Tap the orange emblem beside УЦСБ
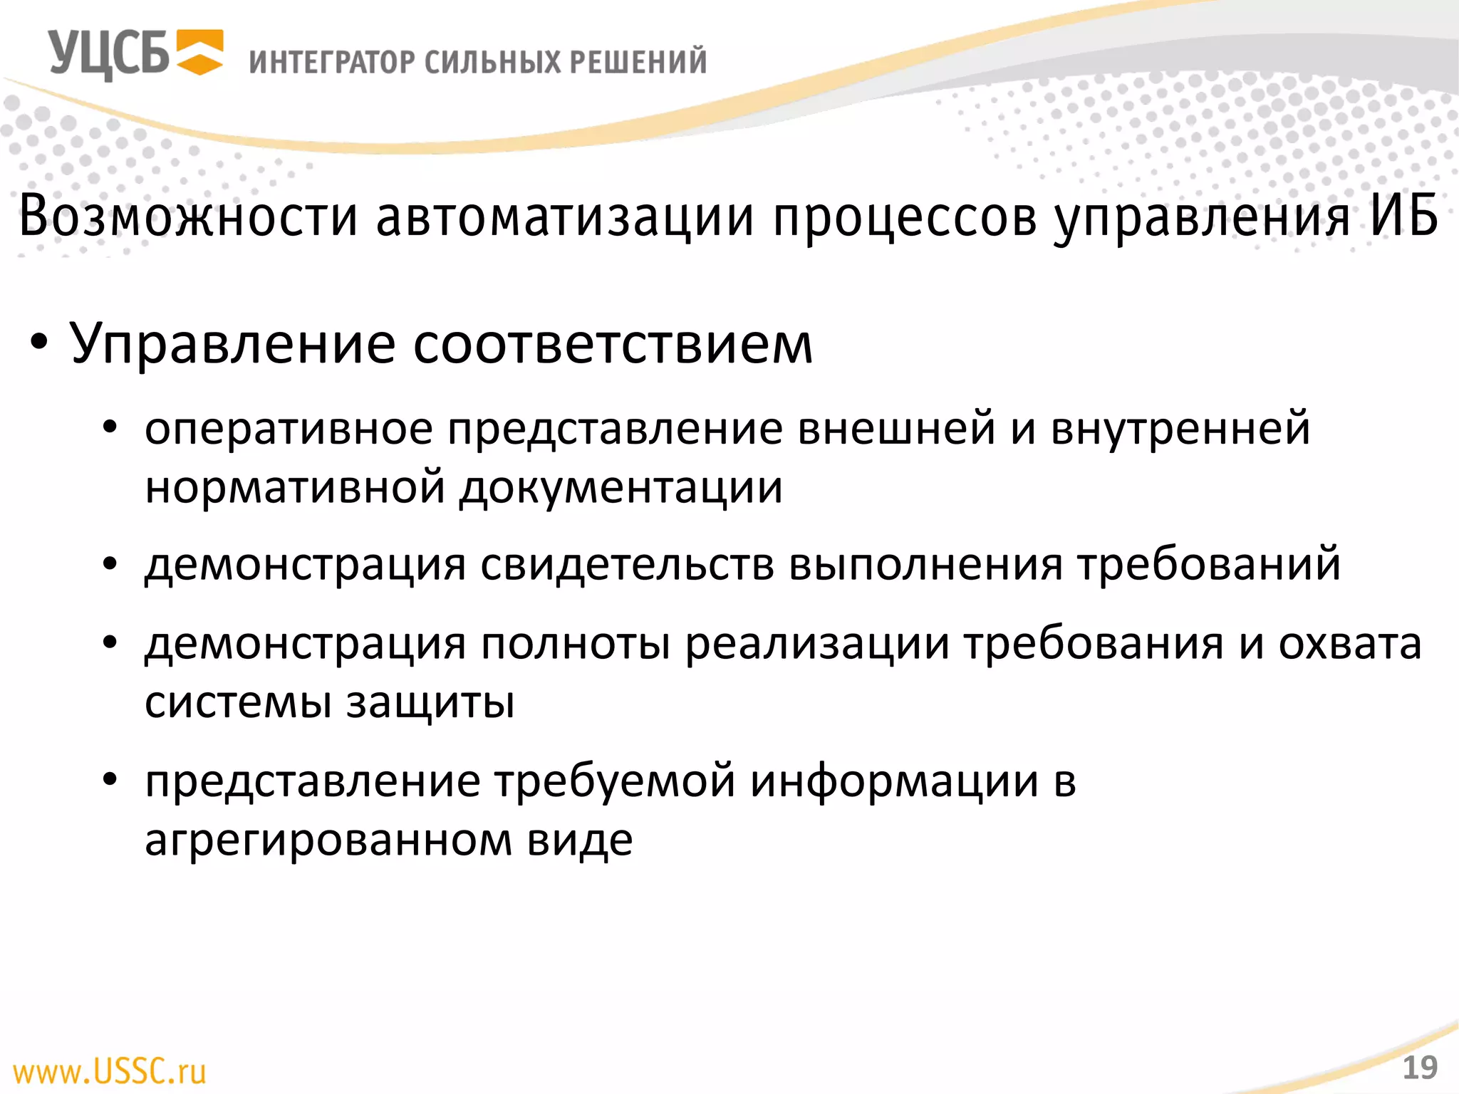click(x=199, y=53)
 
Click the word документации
click(x=621, y=489)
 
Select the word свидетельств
click(x=627, y=565)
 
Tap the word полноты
click(x=576, y=644)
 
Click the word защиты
click(x=430, y=704)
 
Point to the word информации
click(x=894, y=781)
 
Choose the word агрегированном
click(x=328, y=840)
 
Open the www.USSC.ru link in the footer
click(x=110, y=1071)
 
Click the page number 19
click(x=1420, y=1068)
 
